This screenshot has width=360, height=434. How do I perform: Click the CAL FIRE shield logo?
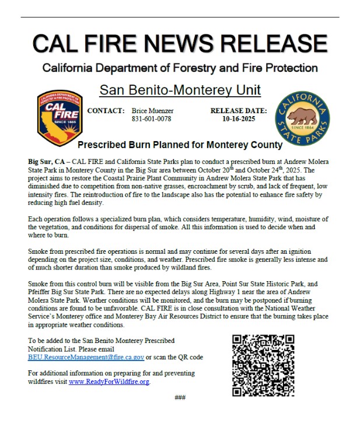57,117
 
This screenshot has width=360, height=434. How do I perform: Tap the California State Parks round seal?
302,116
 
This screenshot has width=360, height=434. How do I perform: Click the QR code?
263,365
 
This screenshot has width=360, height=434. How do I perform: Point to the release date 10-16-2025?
239,118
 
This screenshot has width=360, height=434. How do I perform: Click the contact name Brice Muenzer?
153,110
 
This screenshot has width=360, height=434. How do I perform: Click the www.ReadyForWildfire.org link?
109,381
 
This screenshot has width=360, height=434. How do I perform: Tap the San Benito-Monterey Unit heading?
180,90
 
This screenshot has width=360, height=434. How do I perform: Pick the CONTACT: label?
106,110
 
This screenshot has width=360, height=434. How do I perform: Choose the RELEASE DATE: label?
239,110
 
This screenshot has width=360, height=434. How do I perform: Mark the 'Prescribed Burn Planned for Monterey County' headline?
180,145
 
